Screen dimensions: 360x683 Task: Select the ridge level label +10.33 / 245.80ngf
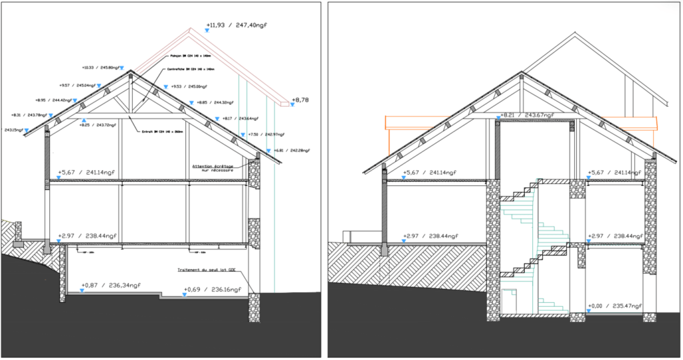(101, 67)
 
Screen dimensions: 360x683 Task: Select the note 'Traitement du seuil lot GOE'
(207, 270)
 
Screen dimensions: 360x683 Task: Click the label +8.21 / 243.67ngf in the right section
(528, 115)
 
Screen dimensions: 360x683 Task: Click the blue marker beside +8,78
(292, 104)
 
